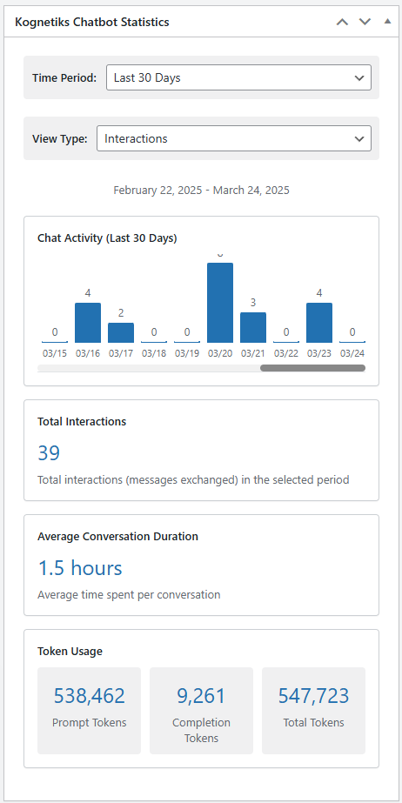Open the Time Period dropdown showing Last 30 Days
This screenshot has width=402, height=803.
(238, 77)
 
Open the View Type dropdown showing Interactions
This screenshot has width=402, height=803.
(234, 138)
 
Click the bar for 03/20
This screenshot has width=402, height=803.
(220, 303)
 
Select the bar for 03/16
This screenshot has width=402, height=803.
(88, 323)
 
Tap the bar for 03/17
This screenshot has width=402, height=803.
(121, 333)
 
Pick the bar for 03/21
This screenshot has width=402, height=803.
(253, 328)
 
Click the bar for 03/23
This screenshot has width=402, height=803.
(319, 323)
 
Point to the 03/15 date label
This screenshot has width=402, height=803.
(55, 353)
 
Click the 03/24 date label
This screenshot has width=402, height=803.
(352, 353)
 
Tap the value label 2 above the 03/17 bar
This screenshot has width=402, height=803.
(121, 313)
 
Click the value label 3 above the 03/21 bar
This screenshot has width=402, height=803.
(253, 303)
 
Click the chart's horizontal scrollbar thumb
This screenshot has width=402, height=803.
(313, 368)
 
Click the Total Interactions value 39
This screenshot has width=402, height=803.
(49, 452)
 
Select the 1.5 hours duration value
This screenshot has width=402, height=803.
(80, 568)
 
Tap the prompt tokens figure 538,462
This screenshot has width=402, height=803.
(89, 696)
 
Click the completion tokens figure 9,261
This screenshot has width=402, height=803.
(201, 696)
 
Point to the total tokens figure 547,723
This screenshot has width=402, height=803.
(313, 696)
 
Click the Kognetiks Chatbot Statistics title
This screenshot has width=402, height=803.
(92, 22)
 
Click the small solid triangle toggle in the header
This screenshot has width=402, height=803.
(388, 22)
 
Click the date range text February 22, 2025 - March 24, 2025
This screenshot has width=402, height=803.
(201, 191)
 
